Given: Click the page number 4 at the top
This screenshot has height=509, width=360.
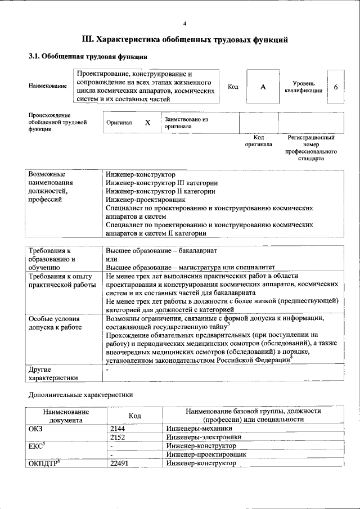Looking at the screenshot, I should coord(184,24).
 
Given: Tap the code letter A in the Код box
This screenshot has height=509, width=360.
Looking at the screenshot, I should coord(262,87).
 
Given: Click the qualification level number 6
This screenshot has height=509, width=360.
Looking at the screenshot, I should coord(336,87).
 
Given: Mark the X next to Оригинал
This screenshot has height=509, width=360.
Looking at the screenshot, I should coord(147,122).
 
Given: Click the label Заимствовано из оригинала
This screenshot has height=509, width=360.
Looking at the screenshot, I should coord(186,123).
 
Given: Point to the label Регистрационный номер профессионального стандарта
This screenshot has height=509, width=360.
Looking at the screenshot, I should coord(310,148).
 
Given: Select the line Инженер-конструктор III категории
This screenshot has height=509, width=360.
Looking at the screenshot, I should coord(162,183).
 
